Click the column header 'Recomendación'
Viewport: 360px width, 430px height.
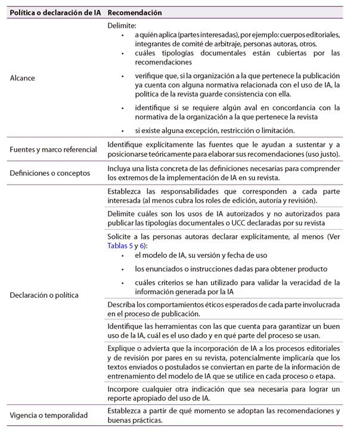(x=135, y=12)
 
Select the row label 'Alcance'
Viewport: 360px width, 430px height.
(x=23, y=78)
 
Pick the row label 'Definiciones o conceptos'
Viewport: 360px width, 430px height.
(x=49, y=173)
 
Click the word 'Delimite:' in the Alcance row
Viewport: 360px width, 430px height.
(x=122, y=26)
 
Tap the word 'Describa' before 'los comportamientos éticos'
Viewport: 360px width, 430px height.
(x=123, y=304)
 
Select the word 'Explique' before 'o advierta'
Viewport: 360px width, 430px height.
(x=123, y=347)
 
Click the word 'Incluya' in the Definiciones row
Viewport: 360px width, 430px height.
(x=120, y=169)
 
